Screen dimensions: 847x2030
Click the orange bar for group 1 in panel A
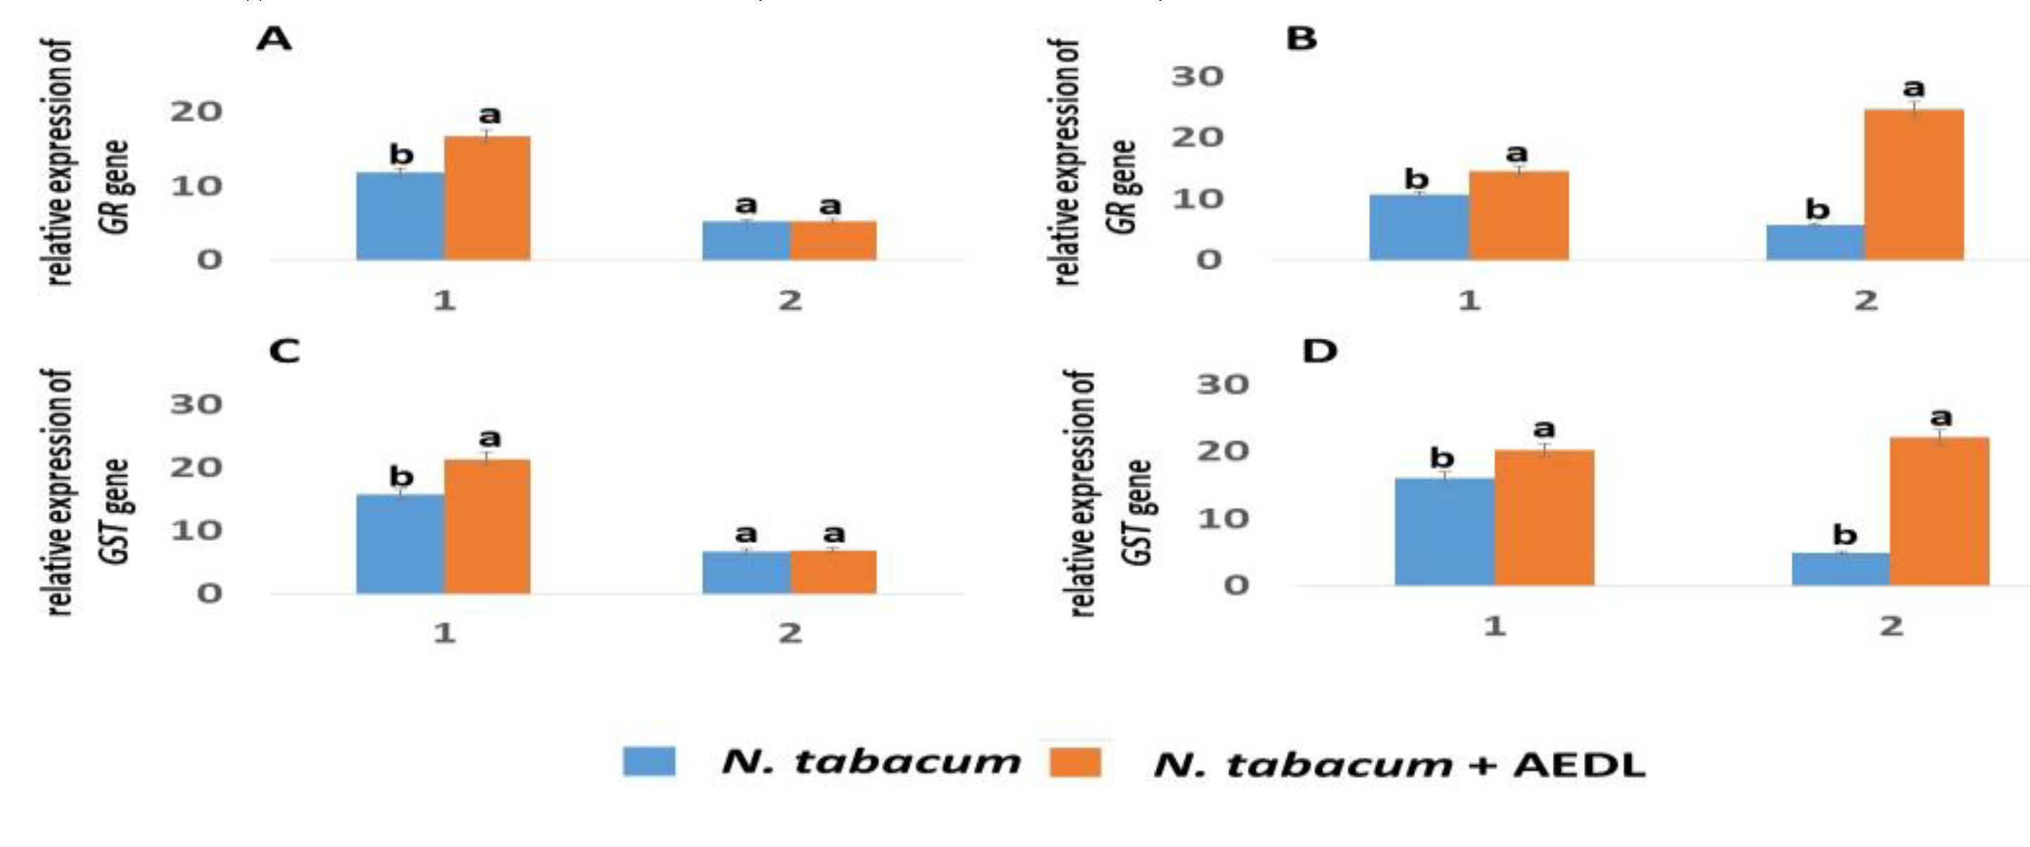tap(487, 198)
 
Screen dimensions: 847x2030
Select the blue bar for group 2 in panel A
tap(745, 241)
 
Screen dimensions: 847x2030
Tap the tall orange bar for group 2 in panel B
tap(1913, 185)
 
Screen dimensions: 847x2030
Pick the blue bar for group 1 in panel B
tap(1418, 227)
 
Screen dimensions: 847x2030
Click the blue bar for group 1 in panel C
tap(401, 544)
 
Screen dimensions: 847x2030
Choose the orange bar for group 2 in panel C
tap(833, 572)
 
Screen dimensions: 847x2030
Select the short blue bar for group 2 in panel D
tap(1841, 569)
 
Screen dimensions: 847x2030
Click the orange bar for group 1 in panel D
tap(1544, 518)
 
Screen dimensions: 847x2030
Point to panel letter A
tap(273, 39)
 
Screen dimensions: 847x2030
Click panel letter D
tap(1319, 352)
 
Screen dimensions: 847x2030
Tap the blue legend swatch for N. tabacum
tap(648, 761)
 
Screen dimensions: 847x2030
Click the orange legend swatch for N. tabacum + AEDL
tap(1075, 763)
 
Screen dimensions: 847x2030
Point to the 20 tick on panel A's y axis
tap(196, 112)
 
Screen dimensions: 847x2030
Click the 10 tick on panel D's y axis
tap(1223, 518)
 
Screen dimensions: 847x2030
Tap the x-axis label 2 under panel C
tap(790, 632)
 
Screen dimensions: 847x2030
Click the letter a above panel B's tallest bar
tap(1913, 87)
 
